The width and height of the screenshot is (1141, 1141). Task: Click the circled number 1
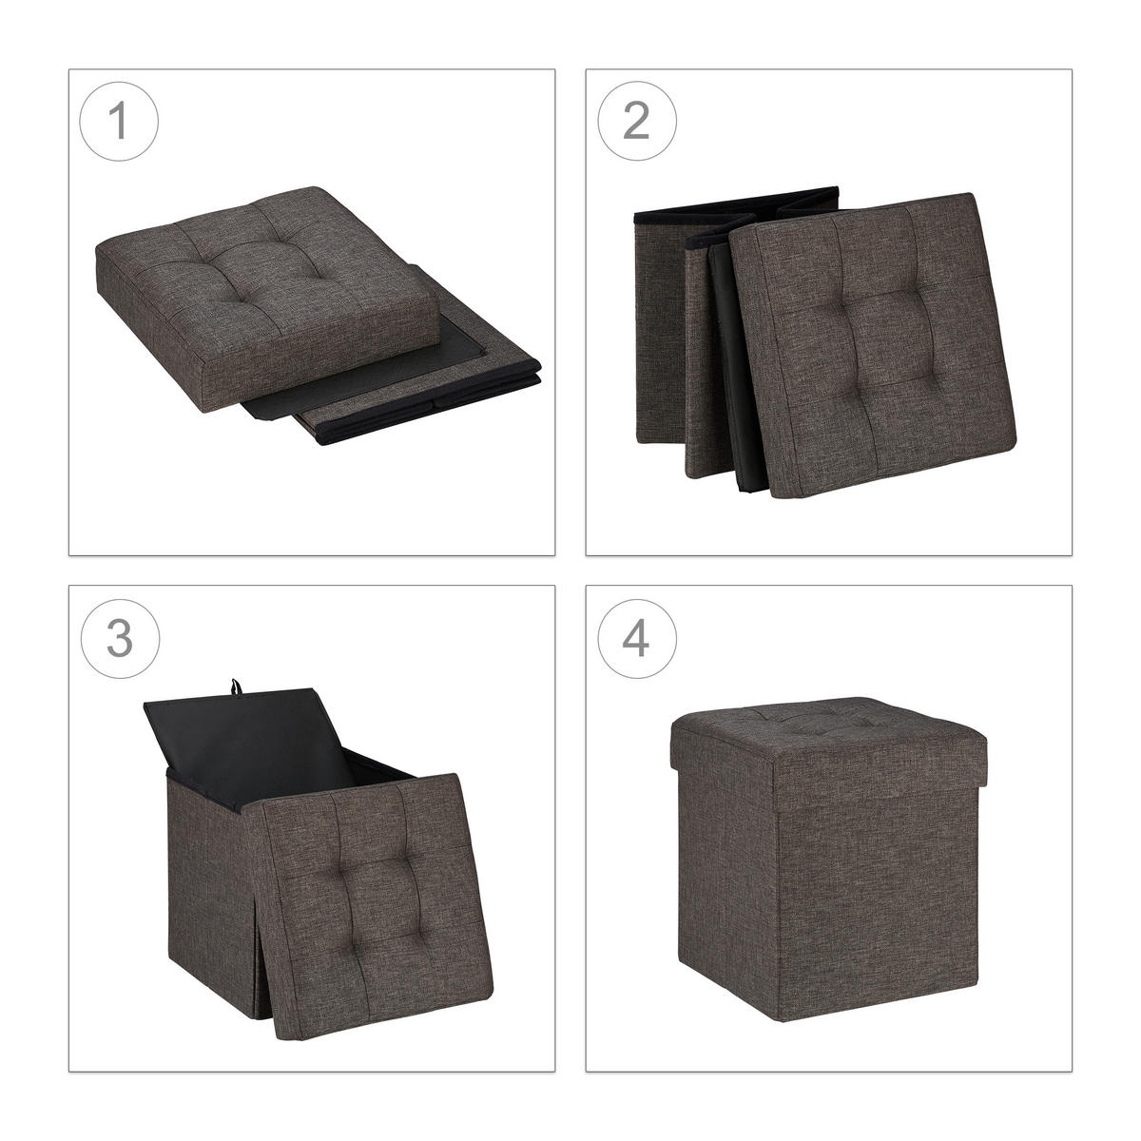(x=119, y=121)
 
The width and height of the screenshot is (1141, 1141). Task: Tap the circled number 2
(x=636, y=121)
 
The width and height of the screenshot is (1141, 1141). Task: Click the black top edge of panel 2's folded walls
(x=736, y=204)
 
